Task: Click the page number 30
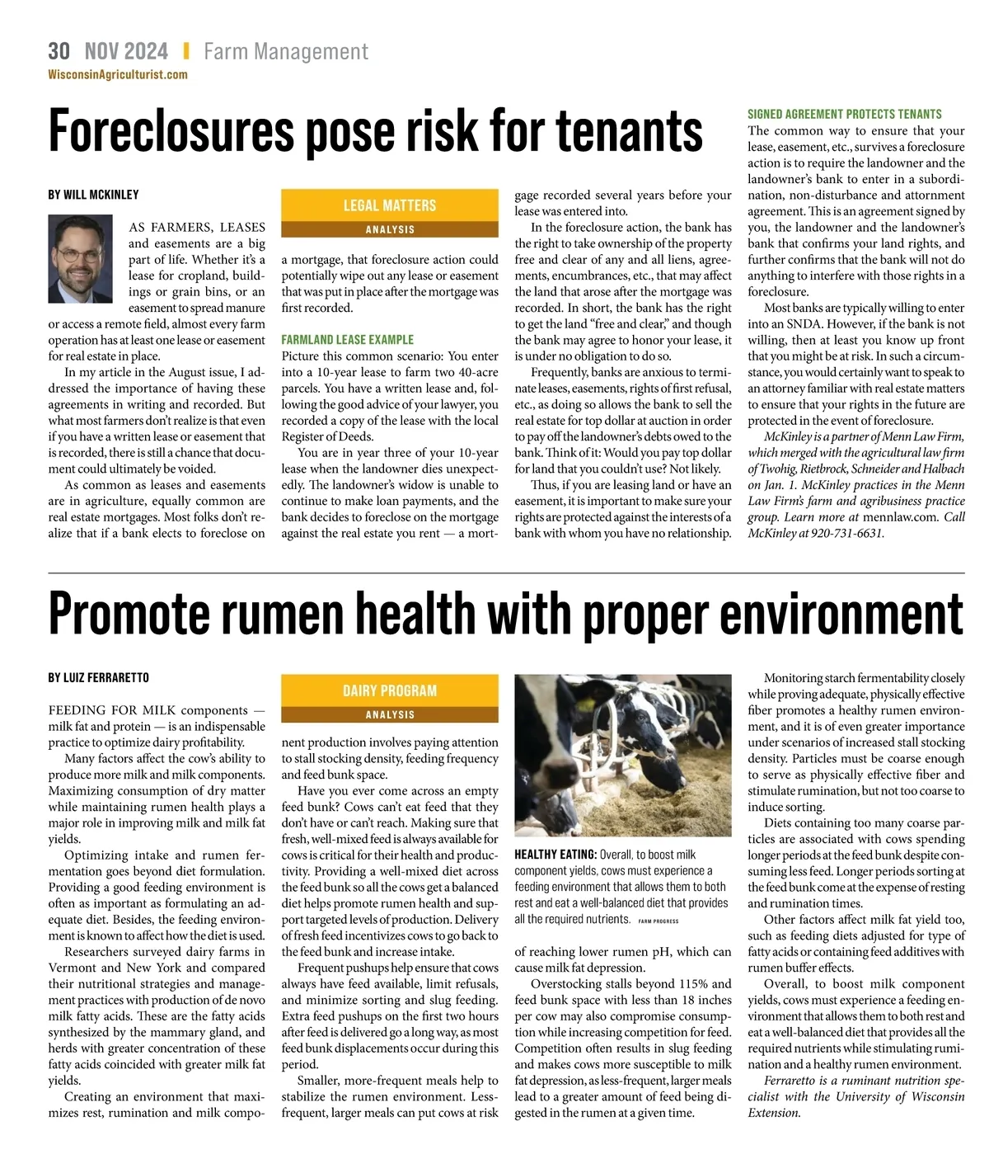(x=59, y=52)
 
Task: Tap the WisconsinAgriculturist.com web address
(x=118, y=74)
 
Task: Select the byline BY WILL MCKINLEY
(x=93, y=195)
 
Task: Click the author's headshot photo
(x=81, y=258)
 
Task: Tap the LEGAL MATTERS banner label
(x=390, y=205)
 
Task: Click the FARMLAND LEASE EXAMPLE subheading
(x=347, y=339)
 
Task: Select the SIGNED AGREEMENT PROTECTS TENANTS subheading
(x=844, y=115)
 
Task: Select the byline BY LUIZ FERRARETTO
(x=99, y=678)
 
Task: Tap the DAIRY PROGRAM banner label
(x=390, y=690)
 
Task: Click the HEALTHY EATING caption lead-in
(x=555, y=855)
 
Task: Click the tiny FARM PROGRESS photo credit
(x=659, y=921)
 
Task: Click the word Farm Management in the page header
(x=286, y=52)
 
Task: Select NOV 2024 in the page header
(x=126, y=52)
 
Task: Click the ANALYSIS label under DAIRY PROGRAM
(x=390, y=714)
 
